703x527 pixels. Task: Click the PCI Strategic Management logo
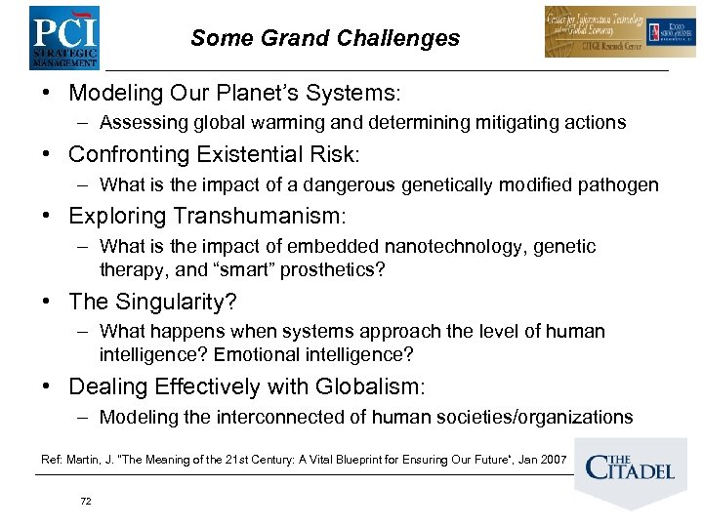64,37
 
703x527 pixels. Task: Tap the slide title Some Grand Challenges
325,38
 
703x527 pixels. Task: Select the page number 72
86,501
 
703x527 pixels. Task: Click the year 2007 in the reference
553,459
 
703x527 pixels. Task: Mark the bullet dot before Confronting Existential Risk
47,154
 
